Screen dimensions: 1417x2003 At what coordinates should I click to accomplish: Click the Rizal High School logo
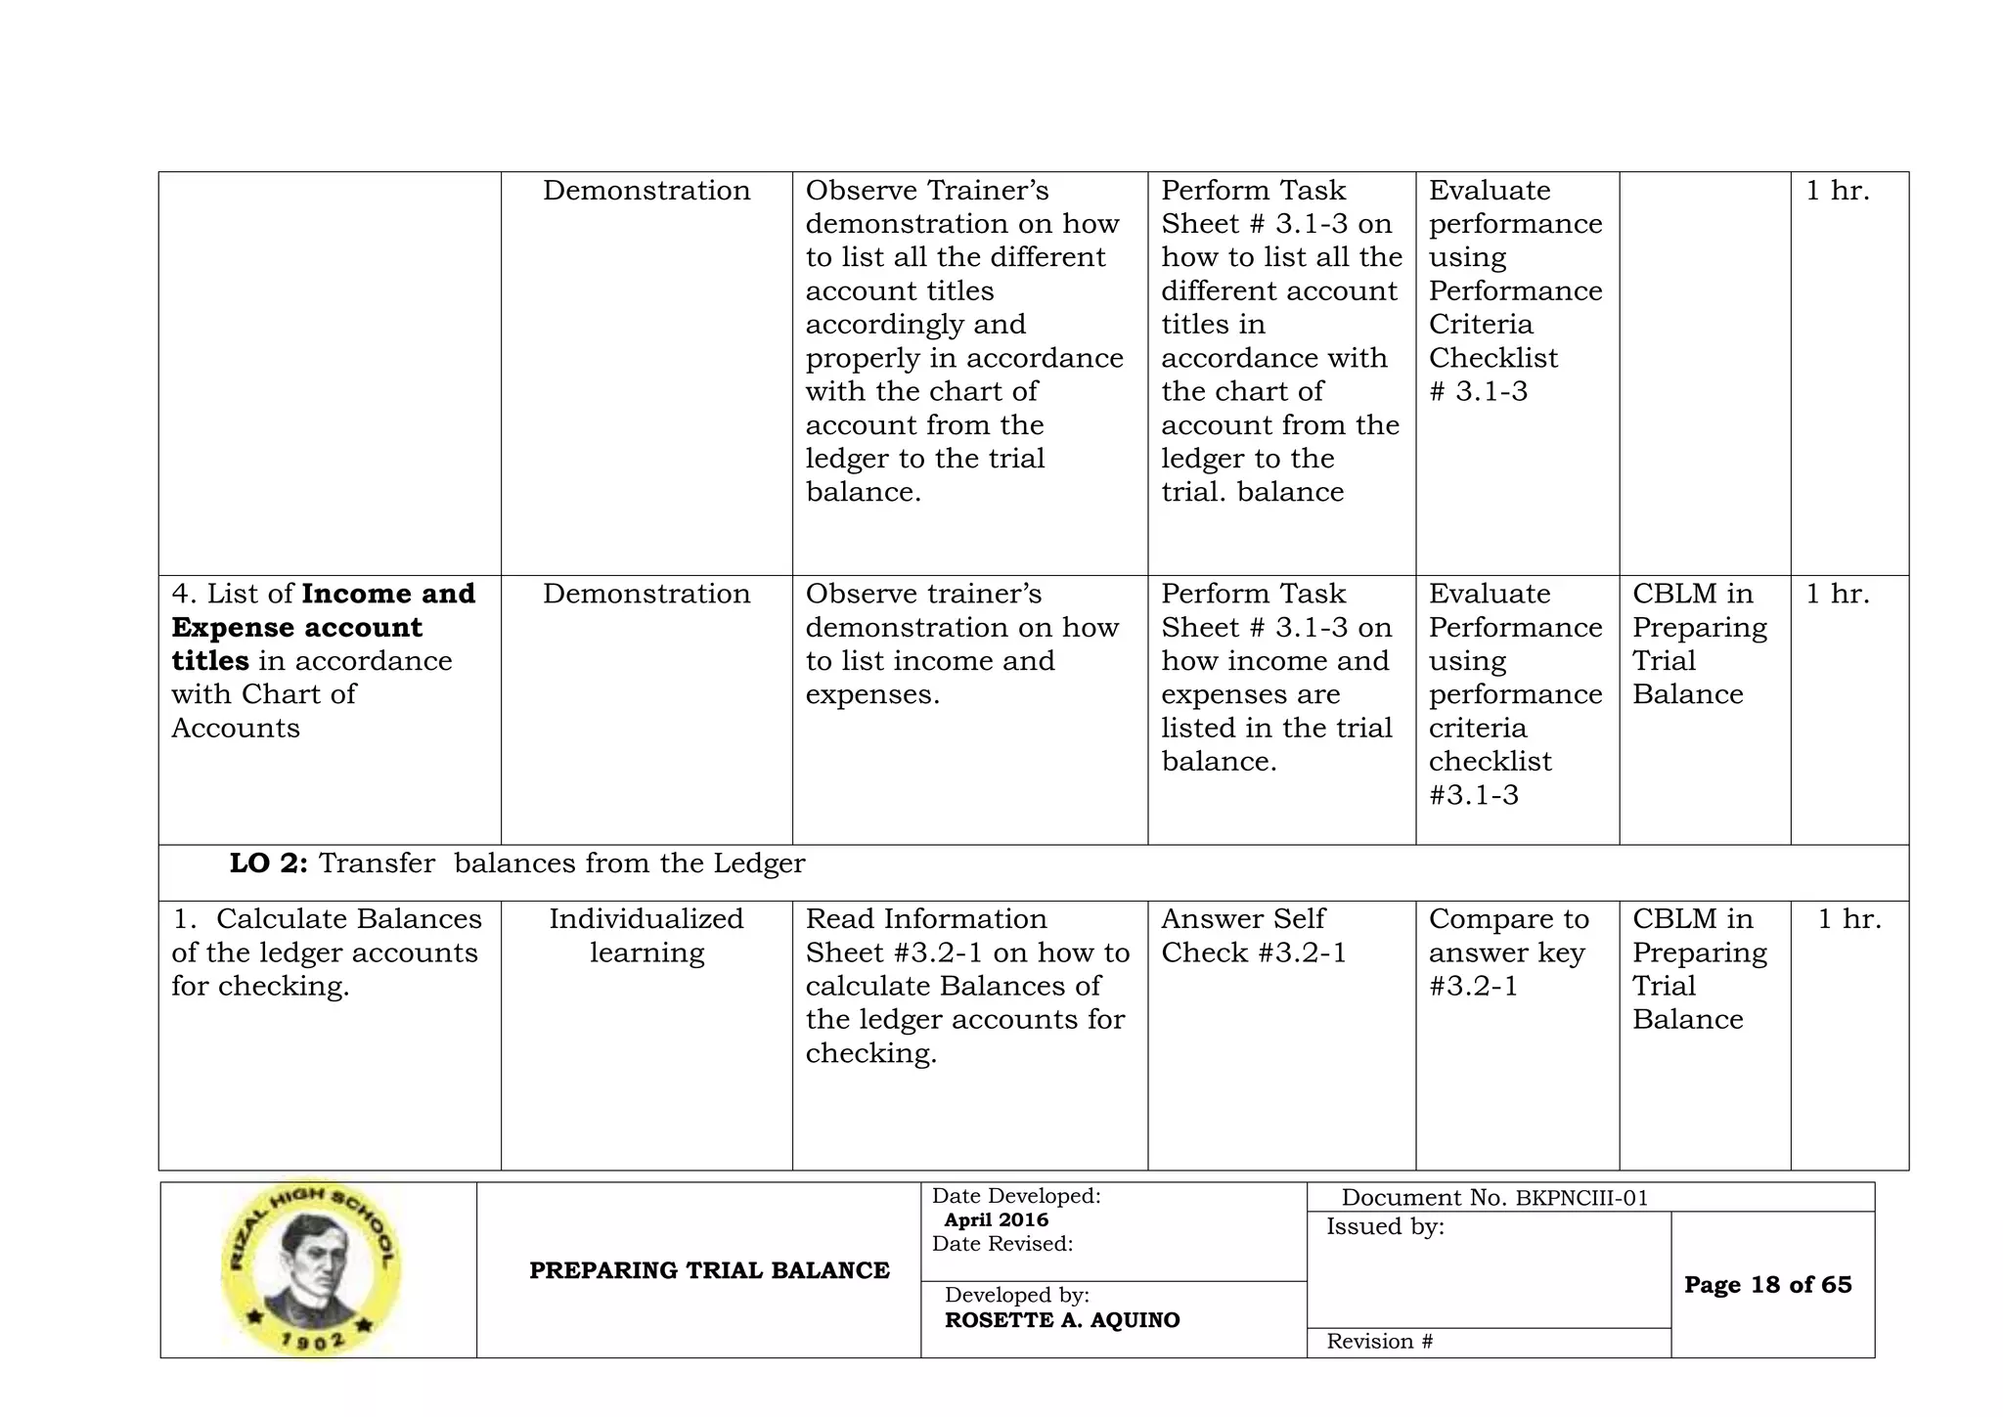click(x=311, y=1267)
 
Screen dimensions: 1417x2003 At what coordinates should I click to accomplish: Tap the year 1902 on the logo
click(x=313, y=1341)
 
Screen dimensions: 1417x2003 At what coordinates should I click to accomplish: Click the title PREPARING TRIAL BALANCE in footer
click(x=709, y=1270)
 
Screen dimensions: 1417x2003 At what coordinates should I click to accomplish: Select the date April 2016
click(x=996, y=1219)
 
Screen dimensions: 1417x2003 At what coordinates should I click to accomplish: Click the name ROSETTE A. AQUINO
click(x=1062, y=1320)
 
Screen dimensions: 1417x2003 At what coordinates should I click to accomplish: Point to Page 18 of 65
click(x=1767, y=1285)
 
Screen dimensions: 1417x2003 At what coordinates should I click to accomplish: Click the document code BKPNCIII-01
click(x=1581, y=1198)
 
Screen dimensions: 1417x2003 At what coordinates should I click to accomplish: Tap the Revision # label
click(x=1379, y=1342)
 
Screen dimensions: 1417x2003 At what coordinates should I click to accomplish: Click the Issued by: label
click(x=1385, y=1226)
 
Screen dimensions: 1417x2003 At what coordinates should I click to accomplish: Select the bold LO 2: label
click(x=268, y=863)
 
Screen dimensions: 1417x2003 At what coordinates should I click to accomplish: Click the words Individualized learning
click(x=646, y=936)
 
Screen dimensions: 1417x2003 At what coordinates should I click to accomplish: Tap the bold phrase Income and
click(x=388, y=594)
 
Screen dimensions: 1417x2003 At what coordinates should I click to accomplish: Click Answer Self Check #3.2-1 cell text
click(x=1253, y=936)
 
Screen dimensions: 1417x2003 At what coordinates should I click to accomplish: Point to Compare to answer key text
click(x=1508, y=936)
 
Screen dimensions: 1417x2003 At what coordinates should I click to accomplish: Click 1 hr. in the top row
click(x=1837, y=191)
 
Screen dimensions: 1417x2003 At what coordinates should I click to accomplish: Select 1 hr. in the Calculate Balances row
click(x=1848, y=919)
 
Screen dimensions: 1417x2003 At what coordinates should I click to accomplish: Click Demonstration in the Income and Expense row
click(x=646, y=594)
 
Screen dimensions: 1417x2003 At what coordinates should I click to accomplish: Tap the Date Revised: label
click(x=1001, y=1244)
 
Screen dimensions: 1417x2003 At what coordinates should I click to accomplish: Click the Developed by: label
click(x=1016, y=1295)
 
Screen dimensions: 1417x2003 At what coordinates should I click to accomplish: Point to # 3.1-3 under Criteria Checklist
click(x=1478, y=392)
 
